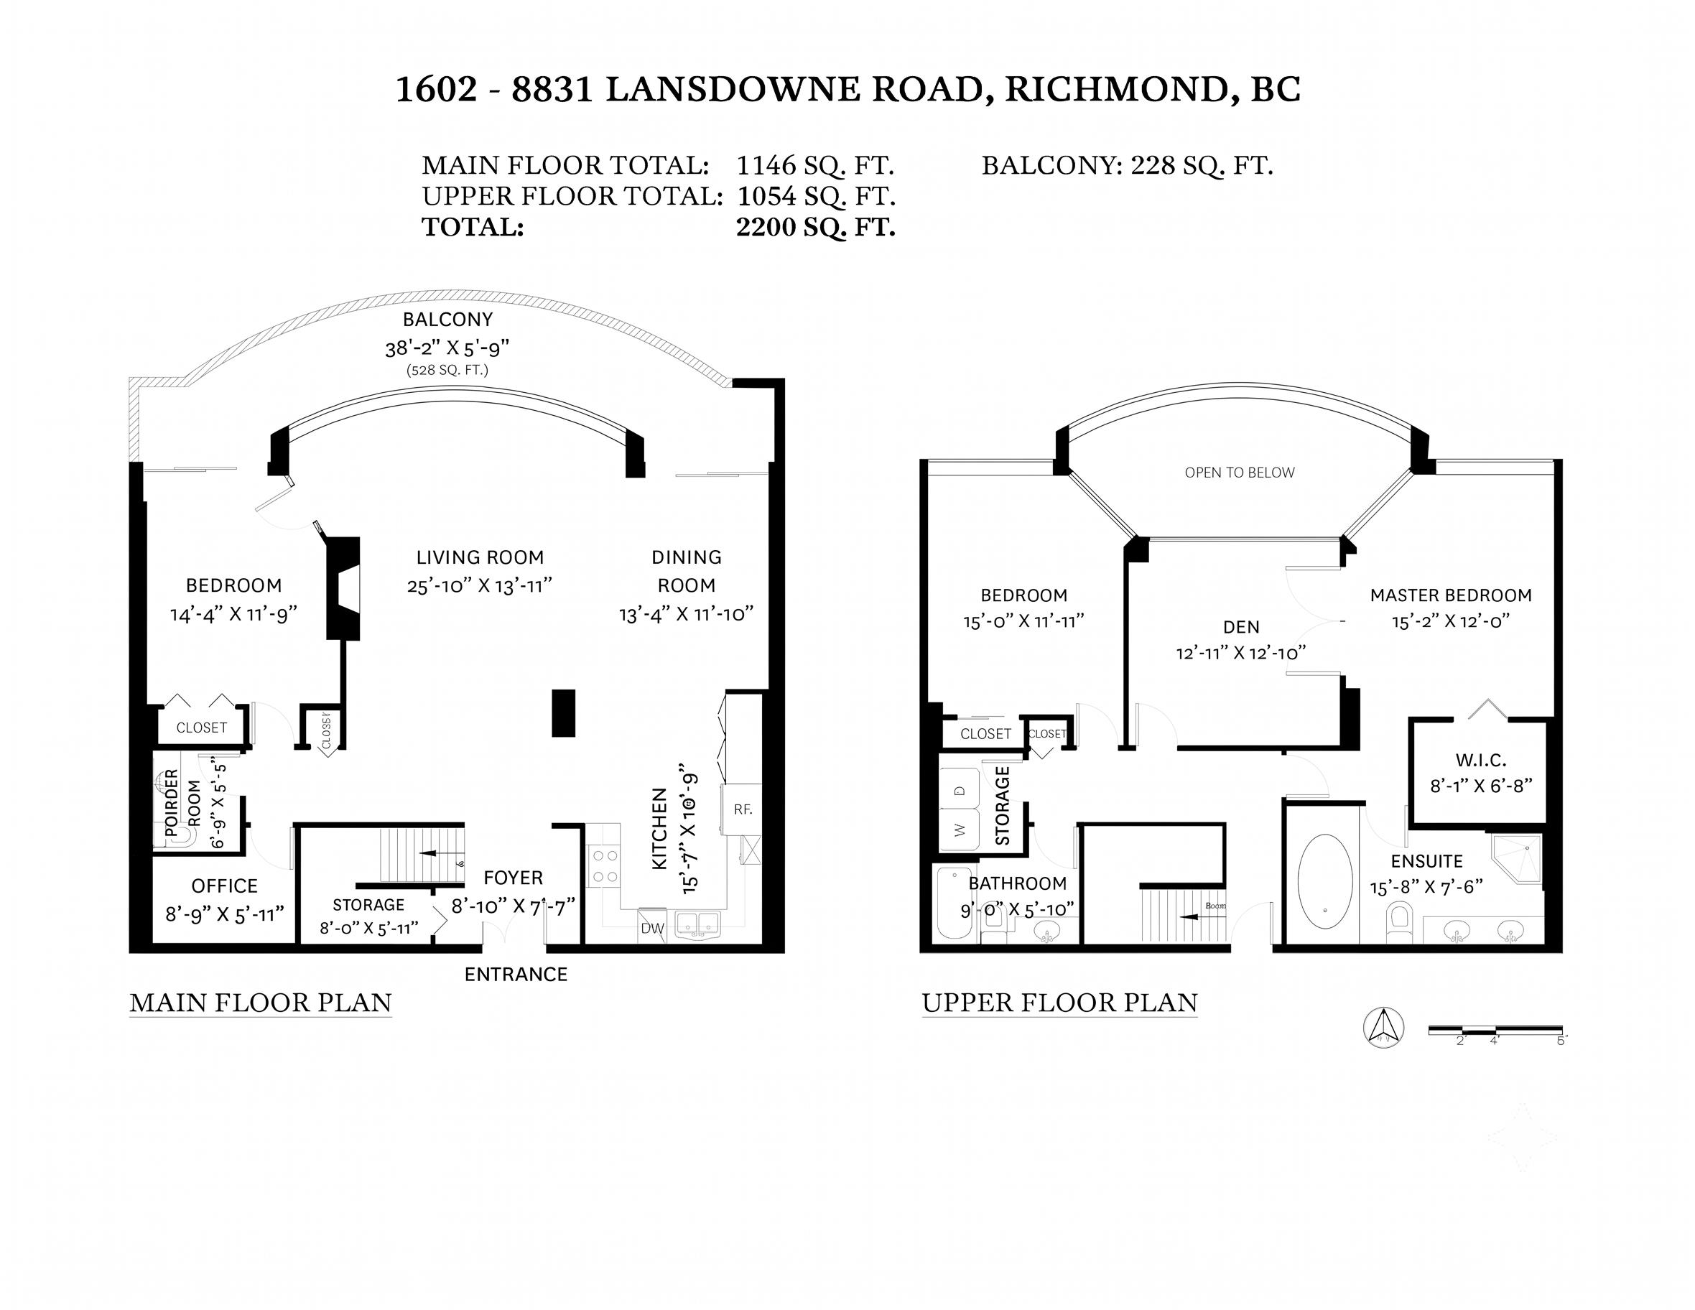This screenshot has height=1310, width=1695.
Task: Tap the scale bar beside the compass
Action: coord(1495,1031)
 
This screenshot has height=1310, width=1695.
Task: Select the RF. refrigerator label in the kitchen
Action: coord(743,809)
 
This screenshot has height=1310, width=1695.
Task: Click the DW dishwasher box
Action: coord(652,926)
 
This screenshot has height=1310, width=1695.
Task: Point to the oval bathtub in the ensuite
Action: coord(1326,882)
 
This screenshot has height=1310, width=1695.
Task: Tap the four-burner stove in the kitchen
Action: coord(604,866)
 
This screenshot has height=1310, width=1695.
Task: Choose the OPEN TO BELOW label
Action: coord(1240,473)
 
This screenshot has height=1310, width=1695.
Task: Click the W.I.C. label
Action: coord(1481,761)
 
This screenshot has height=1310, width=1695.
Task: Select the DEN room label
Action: coord(1241,627)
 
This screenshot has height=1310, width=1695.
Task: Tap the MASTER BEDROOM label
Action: coord(1451,595)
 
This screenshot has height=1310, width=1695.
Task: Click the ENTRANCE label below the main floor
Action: coord(516,974)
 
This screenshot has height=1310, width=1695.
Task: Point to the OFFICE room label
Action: coord(224,886)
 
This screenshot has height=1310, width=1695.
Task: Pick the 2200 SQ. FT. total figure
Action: coord(816,228)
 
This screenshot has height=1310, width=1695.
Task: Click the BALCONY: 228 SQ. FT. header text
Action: coord(1127,165)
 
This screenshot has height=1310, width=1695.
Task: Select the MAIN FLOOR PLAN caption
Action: coord(261,1003)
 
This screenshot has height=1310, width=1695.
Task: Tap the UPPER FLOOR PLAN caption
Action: coord(1059,1003)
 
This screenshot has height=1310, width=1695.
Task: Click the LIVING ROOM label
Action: coord(480,557)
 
